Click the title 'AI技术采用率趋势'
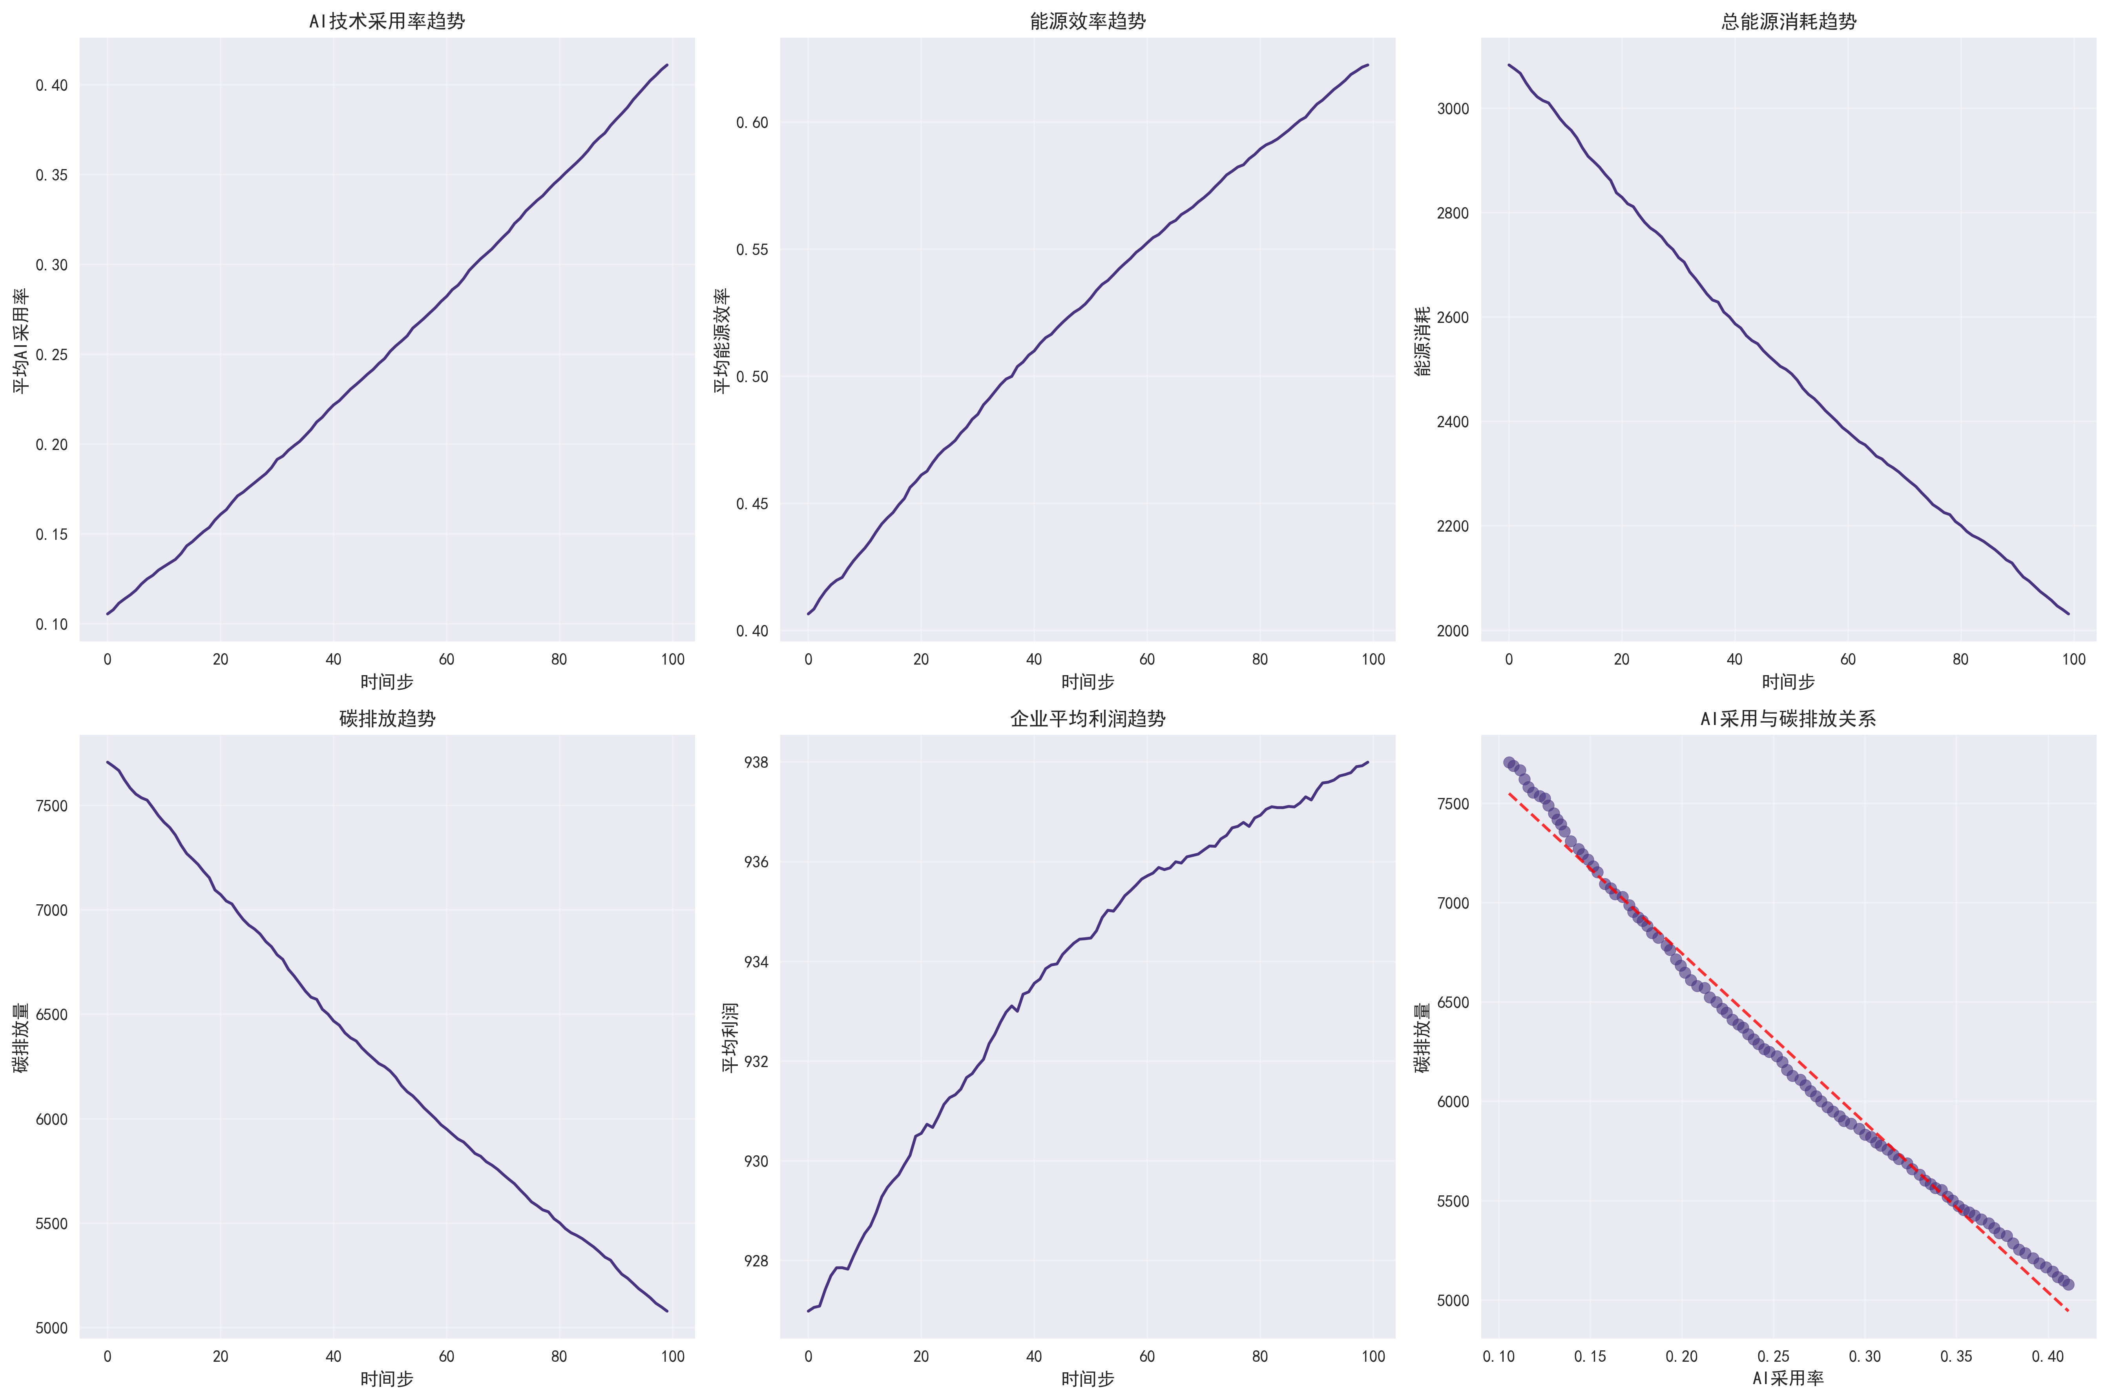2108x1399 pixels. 387,20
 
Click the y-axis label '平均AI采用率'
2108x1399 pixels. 20,340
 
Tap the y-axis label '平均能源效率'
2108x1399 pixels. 721,340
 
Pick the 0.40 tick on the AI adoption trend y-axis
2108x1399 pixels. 52,86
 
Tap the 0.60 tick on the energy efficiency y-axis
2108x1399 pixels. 752,122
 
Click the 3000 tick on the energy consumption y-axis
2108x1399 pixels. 1452,109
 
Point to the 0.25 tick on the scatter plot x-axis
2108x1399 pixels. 1773,1357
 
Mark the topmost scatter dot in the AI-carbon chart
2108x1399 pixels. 1509,763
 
